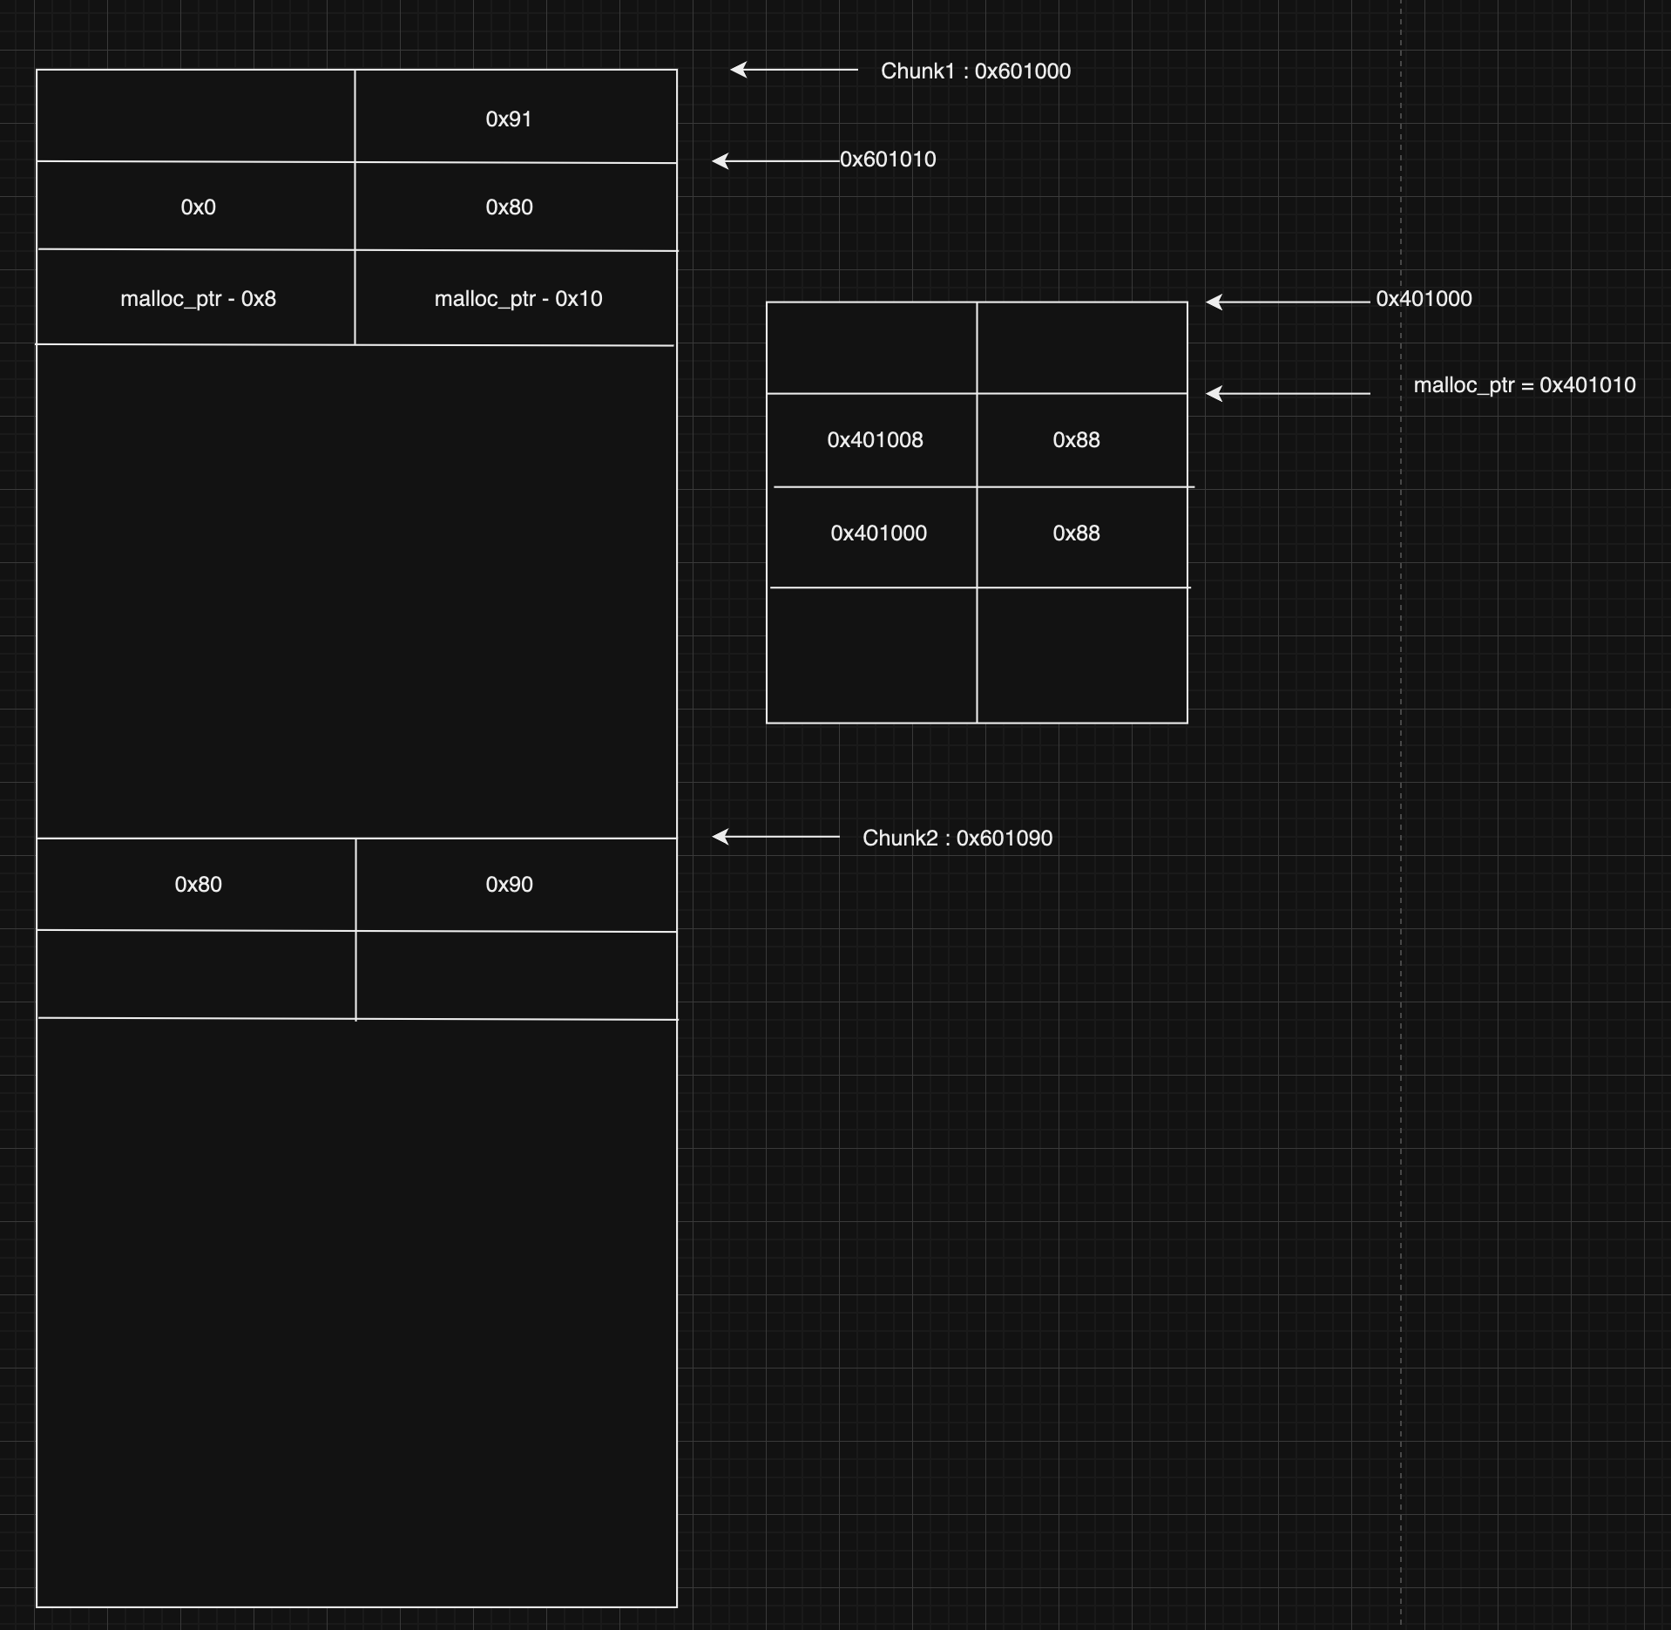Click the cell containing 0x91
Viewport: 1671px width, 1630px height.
coord(509,119)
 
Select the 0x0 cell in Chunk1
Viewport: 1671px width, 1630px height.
coord(198,207)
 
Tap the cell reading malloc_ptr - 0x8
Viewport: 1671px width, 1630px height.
coord(198,298)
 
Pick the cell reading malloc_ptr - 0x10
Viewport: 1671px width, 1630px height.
coord(518,298)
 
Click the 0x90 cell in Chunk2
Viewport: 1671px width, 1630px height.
coord(509,884)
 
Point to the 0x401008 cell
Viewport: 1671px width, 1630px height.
coord(875,439)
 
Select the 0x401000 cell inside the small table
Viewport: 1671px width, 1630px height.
coord(878,533)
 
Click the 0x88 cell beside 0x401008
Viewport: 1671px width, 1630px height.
coord(1076,439)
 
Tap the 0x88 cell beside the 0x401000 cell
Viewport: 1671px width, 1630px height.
coord(1076,533)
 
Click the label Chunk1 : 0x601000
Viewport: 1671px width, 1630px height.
coord(976,71)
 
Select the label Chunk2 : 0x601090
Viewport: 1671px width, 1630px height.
coord(957,838)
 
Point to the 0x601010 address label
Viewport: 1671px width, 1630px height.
coord(888,160)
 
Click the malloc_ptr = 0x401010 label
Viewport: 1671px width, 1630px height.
coord(1524,384)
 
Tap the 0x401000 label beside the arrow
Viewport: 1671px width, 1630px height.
coord(1424,298)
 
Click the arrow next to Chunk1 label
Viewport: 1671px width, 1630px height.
coord(793,69)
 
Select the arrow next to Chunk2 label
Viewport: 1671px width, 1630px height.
coord(775,837)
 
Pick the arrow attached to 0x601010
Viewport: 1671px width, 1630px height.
coord(775,160)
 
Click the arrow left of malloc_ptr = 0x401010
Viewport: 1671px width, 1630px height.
coord(1288,393)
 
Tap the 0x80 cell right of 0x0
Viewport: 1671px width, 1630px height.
coord(509,207)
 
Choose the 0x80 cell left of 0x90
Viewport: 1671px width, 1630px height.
coord(198,884)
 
